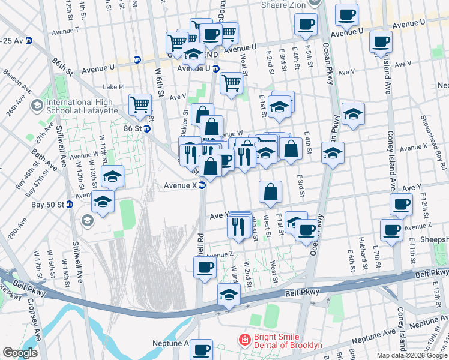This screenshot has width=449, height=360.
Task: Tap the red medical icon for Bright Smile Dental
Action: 244,340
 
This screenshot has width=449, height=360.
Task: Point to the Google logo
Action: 20,353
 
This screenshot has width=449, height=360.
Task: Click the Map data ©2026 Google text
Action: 412,355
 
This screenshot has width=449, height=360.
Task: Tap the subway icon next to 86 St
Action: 146,128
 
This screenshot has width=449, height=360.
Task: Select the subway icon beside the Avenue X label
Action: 203,185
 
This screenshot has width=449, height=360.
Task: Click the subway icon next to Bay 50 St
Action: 70,205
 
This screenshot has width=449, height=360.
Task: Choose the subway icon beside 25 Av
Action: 28,41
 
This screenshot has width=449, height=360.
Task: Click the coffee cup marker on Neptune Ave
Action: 202,348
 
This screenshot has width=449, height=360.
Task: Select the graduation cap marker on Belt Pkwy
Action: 229,295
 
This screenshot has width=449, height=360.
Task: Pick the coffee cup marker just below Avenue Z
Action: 205,267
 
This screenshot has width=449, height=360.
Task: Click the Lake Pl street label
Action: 113,86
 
